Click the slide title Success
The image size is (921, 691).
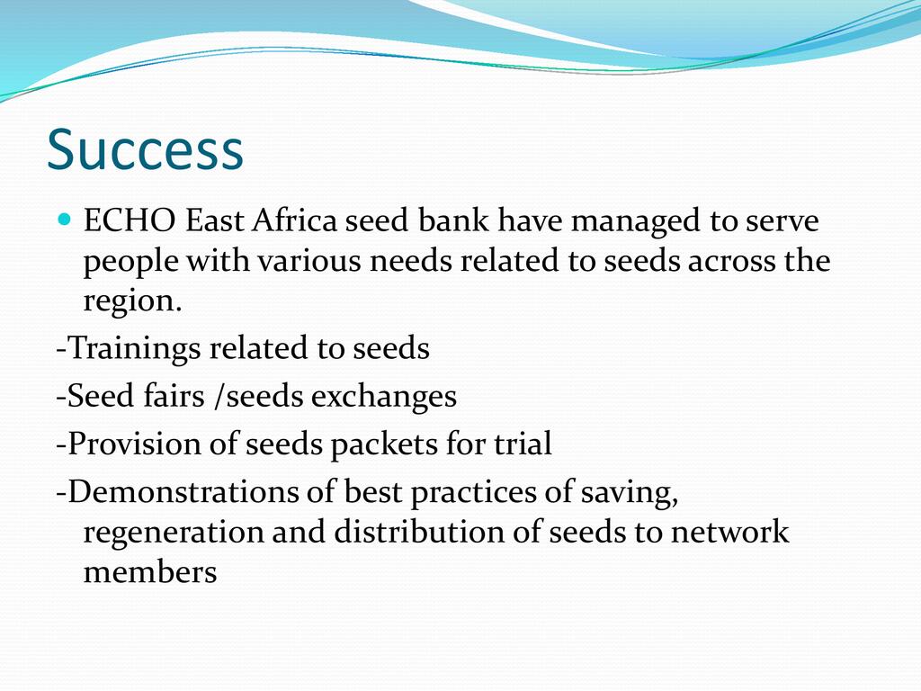tap(145, 149)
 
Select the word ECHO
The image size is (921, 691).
tap(130, 220)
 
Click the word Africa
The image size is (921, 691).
tap(295, 220)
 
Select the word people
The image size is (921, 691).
tap(130, 263)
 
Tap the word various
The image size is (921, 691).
tap(309, 260)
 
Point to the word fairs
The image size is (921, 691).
tap(174, 395)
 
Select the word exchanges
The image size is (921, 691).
tap(383, 397)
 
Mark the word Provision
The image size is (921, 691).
tap(135, 444)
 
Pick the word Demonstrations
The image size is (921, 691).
tap(183, 491)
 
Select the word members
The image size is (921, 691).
tap(150, 571)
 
